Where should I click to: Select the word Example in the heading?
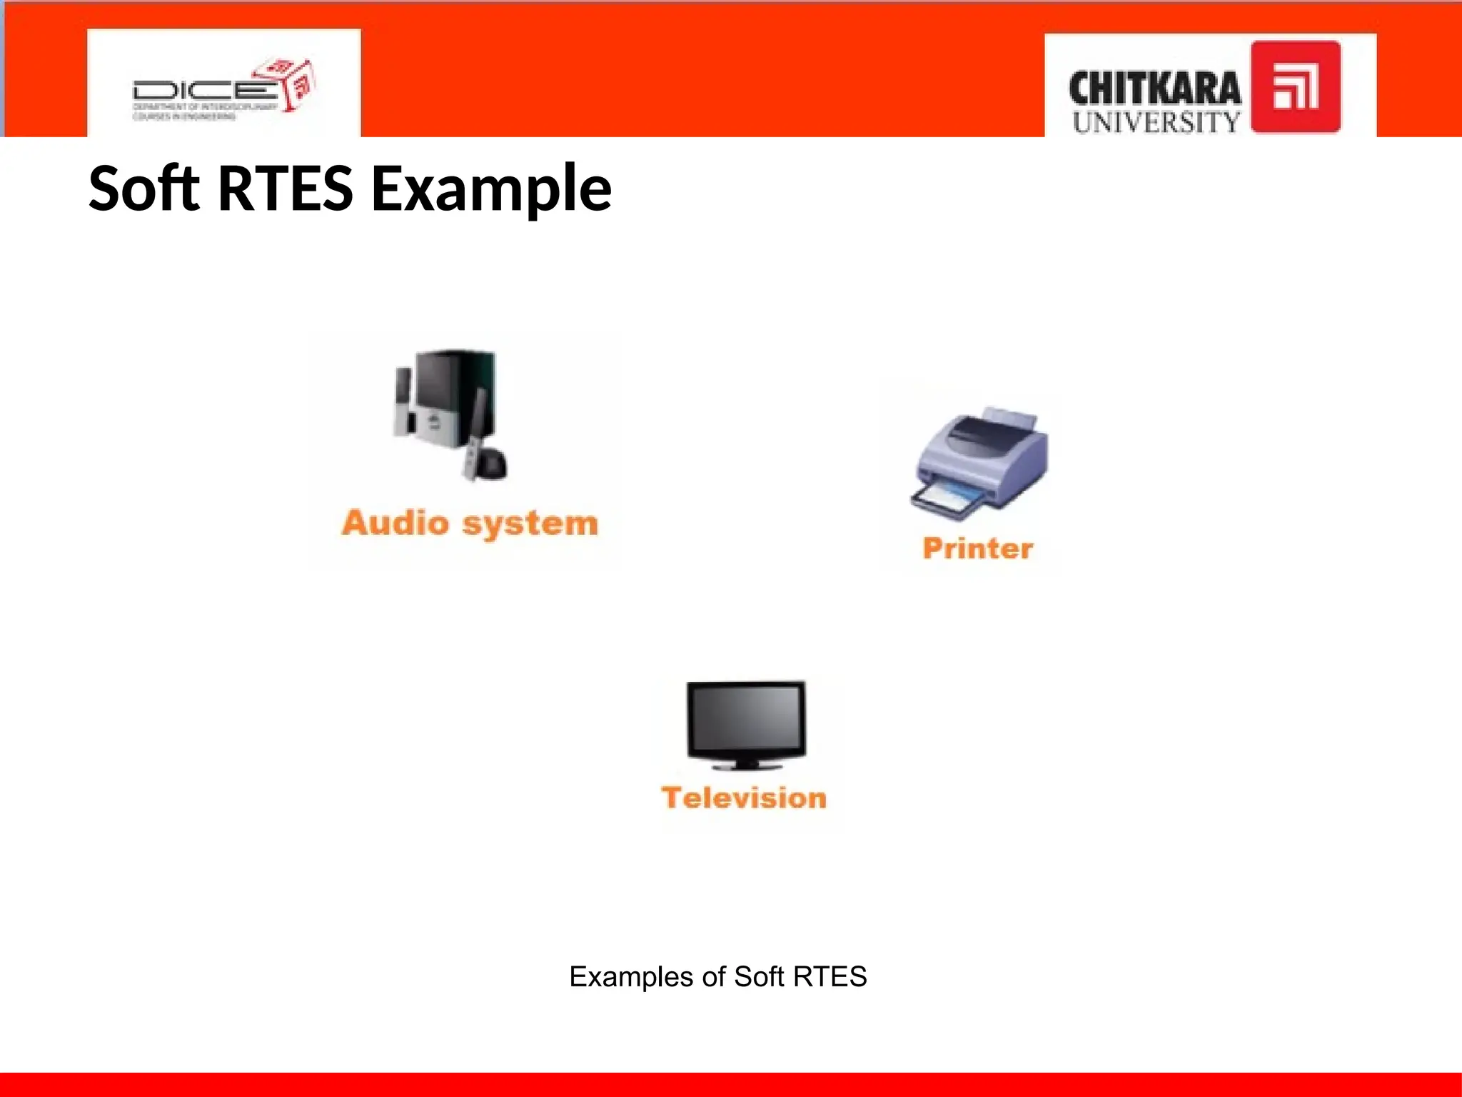(x=491, y=189)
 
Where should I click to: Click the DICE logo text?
(x=203, y=91)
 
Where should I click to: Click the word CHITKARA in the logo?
(x=1154, y=89)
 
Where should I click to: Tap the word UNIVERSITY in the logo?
(x=1156, y=122)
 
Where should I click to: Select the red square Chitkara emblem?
(x=1295, y=87)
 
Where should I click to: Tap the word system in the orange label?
(x=530, y=524)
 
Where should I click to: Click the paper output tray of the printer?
(x=946, y=498)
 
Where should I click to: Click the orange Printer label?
(x=977, y=548)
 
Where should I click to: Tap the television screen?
(x=745, y=720)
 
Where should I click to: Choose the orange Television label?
(x=744, y=798)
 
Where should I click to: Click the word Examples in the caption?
(x=630, y=977)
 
